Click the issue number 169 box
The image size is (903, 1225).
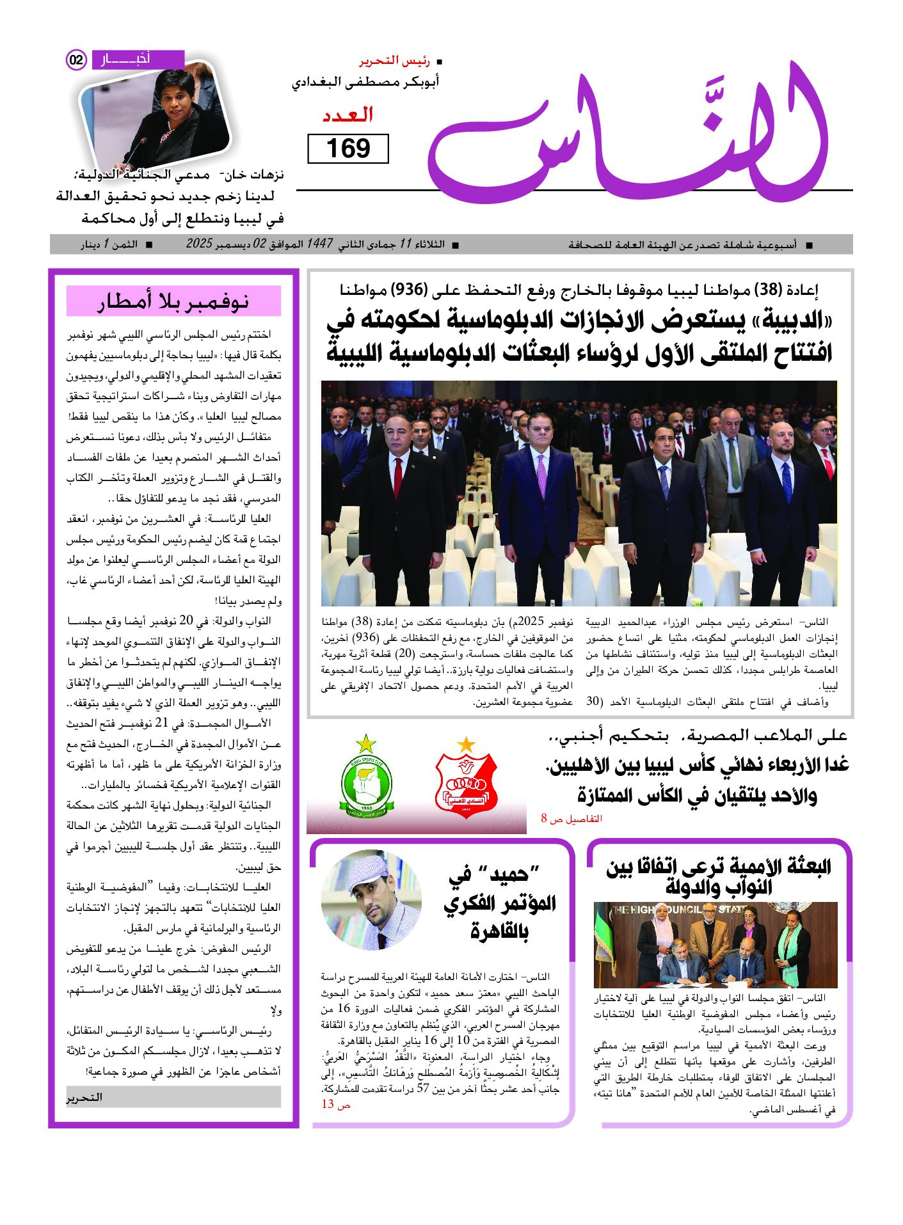(x=348, y=148)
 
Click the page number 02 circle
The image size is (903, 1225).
(x=76, y=60)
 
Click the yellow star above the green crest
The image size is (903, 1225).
(x=366, y=743)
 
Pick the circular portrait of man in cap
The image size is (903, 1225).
(x=372, y=900)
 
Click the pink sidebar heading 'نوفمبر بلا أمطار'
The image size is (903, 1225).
(x=173, y=301)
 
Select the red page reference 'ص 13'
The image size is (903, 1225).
(x=335, y=1104)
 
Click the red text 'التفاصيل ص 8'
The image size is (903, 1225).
(x=571, y=819)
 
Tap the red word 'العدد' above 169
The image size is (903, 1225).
(x=348, y=116)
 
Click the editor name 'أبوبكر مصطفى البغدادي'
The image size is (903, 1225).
(x=365, y=83)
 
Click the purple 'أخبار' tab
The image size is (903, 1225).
(x=137, y=59)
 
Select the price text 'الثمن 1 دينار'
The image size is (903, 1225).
(x=109, y=244)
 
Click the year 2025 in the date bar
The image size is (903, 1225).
(x=198, y=244)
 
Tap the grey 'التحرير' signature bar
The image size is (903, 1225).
(x=173, y=1097)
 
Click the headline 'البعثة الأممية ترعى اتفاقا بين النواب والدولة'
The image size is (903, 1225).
(x=719, y=877)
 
